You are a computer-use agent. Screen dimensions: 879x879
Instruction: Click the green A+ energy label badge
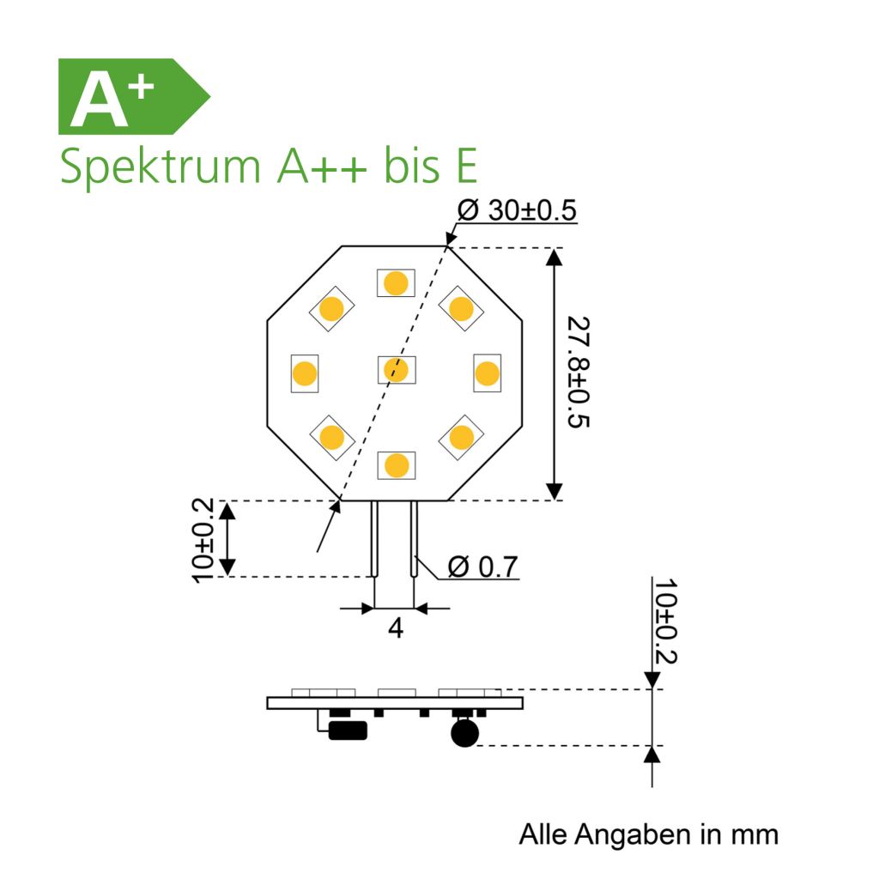click(x=129, y=96)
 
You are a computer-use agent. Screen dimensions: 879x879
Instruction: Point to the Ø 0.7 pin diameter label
click(x=482, y=567)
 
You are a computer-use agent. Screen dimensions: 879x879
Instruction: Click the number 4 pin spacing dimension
click(x=395, y=628)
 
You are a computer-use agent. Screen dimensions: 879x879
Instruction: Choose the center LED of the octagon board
click(x=396, y=370)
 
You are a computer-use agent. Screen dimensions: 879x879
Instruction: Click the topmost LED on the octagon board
click(x=396, y=282)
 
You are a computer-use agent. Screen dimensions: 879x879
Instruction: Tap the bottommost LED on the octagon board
click(x=396, y=464)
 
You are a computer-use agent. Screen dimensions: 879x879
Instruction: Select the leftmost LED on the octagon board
click(x=304, y=373)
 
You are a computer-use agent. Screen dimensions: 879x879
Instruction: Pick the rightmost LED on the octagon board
click(x=487, y=373)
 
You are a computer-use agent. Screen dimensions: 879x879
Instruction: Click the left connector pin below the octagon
click(x=375, y=539)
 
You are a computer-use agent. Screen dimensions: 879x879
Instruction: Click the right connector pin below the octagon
click(x=415, y=539)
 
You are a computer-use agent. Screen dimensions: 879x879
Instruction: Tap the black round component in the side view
click(x=464, y=733)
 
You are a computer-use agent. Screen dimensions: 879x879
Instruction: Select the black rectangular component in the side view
click(x=348, y=730)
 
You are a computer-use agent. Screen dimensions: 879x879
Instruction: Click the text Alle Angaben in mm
click(x=648, y=834)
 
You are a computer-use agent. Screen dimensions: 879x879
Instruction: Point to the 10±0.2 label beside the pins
click(x=203, y=539)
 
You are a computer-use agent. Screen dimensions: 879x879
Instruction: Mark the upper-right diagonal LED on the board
click(x=461, y=308)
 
